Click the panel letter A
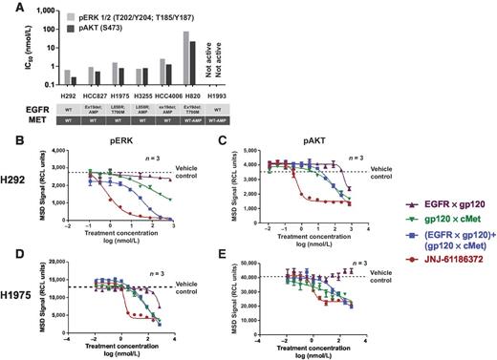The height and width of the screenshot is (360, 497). click(10, 8)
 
